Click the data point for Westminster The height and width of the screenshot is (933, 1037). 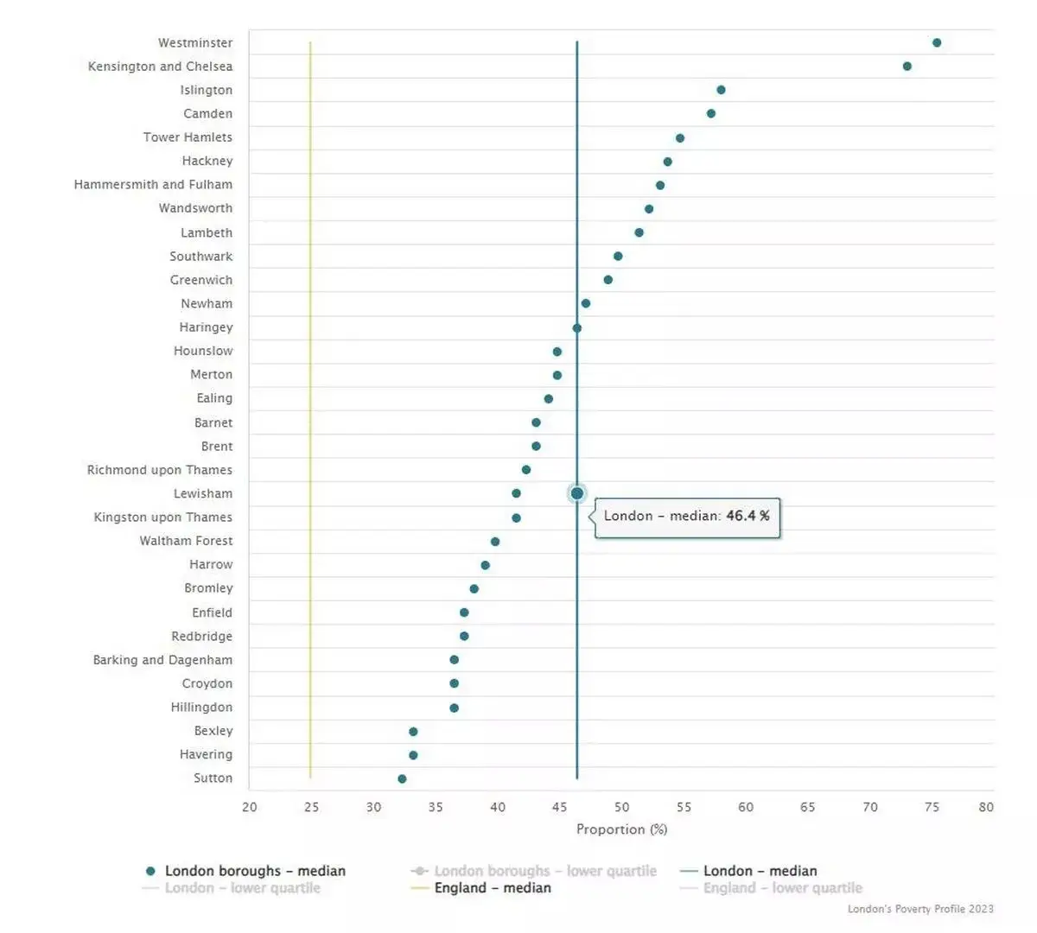(x=937, y=42)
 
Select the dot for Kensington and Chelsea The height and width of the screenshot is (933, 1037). (x=907, y=67)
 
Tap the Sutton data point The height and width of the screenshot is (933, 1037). (x=402, y=778)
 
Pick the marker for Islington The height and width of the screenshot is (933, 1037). (x=721, y=90)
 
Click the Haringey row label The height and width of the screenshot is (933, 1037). (x=206, y=327)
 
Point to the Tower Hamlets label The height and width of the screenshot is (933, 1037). (x=188, y=137)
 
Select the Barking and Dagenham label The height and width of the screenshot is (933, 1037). (x=162, y=660)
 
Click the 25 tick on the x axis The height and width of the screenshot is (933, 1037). (x=311, y=807)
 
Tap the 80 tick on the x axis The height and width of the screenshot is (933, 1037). (x=986, y=807)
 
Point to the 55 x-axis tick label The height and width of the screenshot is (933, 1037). (x=684, y=807)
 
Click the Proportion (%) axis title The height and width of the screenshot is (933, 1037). (x=621, y=829)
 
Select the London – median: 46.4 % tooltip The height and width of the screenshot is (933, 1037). (x=687, y=517)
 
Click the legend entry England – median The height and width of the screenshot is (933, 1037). (x=492, y=888)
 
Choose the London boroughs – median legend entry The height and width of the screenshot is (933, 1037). (x=254, y=871)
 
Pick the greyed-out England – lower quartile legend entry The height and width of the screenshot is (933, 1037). (x=782, y=888)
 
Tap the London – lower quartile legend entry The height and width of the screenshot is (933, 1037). (x=242, y=888)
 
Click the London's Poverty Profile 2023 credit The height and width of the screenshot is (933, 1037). (x=920, y=909)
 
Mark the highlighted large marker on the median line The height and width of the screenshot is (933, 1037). (x=577, y=493)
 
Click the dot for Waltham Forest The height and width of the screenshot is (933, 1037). (x=495, y=542)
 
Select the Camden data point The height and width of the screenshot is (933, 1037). (x=710, y=113)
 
